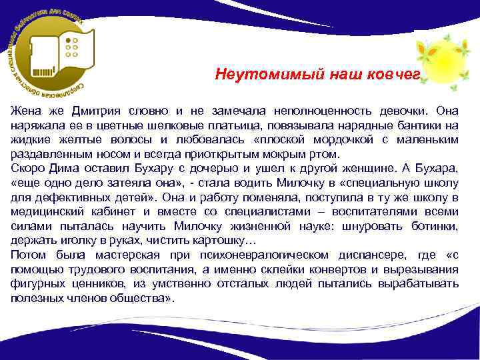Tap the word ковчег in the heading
click(395, 75)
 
